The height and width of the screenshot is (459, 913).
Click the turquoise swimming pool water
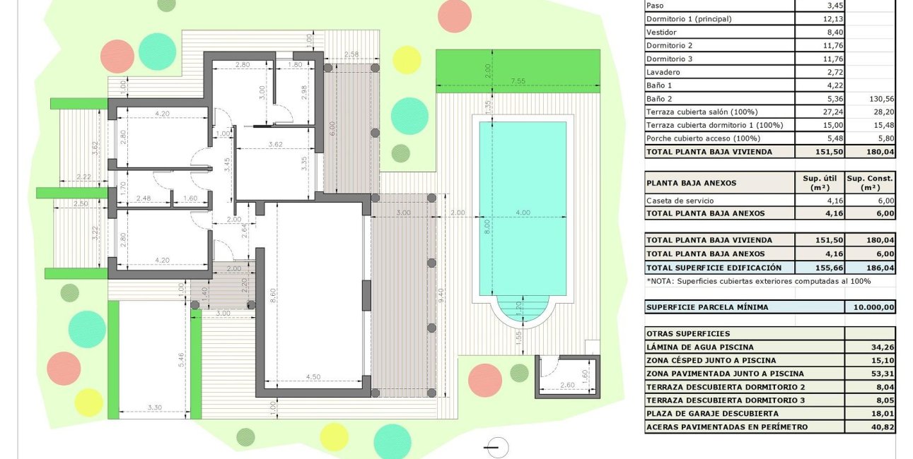coord(523,208)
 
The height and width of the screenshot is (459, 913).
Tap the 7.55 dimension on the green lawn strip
coord(518,81)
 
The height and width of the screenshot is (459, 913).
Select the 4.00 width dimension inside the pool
coord(523,213)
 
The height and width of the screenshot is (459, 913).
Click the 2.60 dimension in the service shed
coord(567,385)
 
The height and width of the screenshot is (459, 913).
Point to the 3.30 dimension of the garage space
coord(154,407)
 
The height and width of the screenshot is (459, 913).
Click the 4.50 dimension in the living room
coord(313,377)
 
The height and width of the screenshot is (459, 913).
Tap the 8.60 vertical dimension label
coord(273,295)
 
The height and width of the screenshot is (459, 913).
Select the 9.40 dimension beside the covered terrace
coord(440,295)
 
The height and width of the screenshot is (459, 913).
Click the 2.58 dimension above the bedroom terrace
coord(351,54)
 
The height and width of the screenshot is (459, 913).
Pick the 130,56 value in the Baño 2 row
coord(882,99)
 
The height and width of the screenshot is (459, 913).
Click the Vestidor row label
coord(661,32)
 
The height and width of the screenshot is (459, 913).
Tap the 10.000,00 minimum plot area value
coord(874,307)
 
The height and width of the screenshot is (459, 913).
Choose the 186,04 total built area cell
coord(880,268)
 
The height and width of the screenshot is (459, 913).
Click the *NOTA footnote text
coord(759,281)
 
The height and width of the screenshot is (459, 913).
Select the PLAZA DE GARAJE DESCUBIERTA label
coord(712,413)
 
